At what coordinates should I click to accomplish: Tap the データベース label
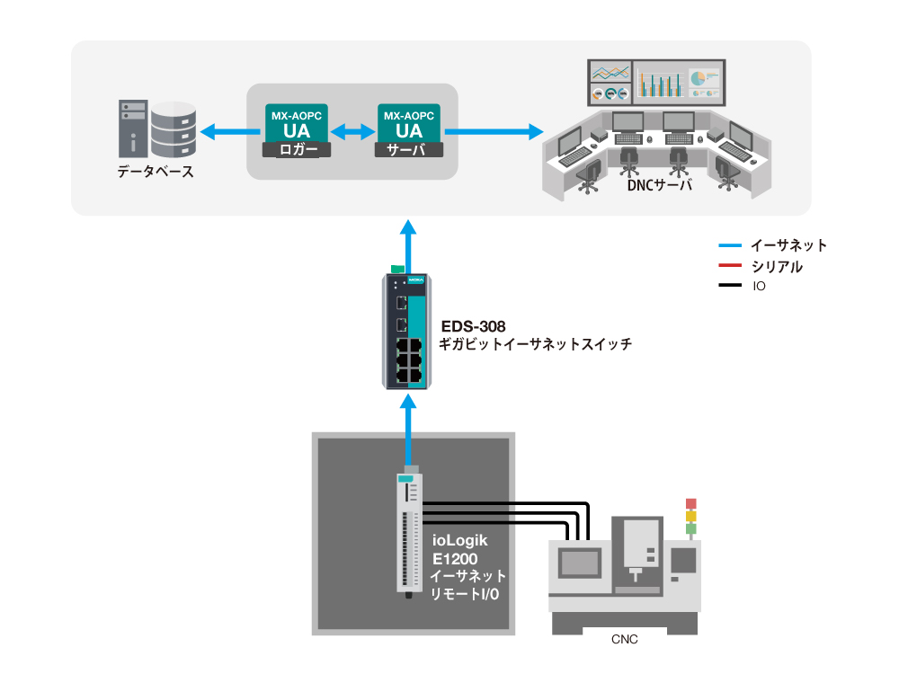pyautogui.click(x=156, y=172)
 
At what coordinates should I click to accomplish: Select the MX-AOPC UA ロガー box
pyautogui.click(x=296, y=131)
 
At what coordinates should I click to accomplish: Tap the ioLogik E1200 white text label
pyautogui.click(x=460, y=549)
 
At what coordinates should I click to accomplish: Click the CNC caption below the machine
pyautogui.click(x=623, y=639)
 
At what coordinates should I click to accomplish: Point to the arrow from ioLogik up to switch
pyautogui.click(x=410, y=435)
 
